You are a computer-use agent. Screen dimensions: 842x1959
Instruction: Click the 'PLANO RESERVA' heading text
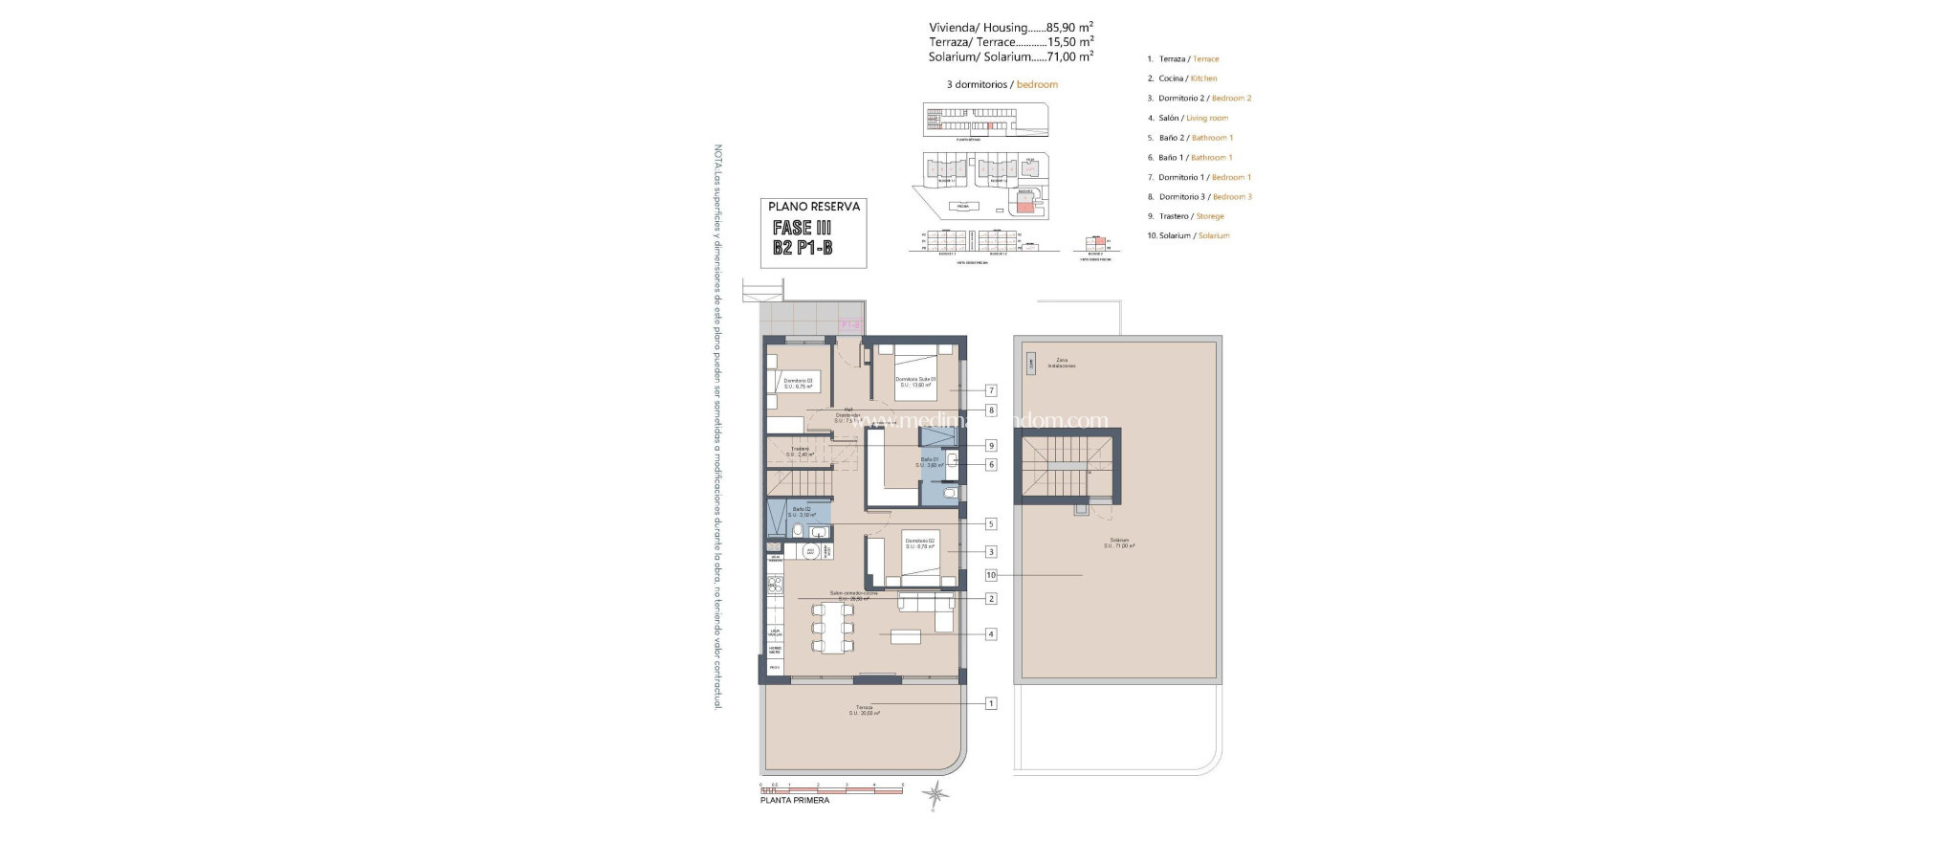(814, 207)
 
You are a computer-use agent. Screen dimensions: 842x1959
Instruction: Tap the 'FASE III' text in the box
(802, 228)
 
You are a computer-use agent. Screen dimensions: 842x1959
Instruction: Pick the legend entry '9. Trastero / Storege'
(1185, 216)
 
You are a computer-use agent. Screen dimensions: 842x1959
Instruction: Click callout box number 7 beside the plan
(991, 390)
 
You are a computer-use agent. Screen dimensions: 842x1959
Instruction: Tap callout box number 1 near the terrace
(991, 703)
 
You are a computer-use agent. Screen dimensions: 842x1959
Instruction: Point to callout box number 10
(991, 575)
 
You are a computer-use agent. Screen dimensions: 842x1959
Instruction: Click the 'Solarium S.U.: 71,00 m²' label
(1119, 543)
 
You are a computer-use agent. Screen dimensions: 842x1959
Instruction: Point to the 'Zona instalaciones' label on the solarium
(1061, 364)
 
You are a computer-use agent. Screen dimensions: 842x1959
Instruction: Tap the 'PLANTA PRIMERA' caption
(794, 801)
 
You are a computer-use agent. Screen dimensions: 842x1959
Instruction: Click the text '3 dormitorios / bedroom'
(1002, 84)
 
